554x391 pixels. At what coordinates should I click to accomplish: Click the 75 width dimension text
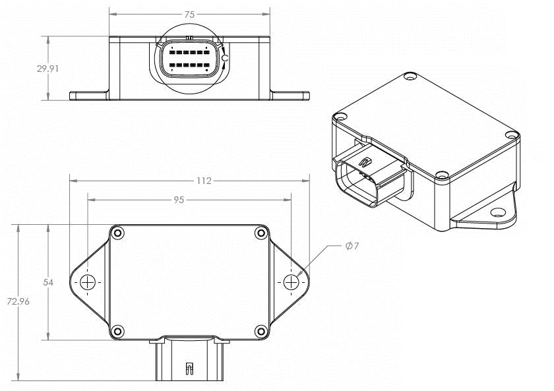(189, 13)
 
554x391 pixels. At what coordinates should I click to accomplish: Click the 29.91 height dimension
(47, 68)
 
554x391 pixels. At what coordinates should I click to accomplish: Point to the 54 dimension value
(47, 282)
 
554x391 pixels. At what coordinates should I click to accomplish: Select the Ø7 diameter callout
(352, 246)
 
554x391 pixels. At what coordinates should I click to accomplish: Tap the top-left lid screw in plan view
(117, 233)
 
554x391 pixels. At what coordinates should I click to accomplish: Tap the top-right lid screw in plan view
(261, 233)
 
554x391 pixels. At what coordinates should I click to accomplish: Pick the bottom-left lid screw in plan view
(117, 331)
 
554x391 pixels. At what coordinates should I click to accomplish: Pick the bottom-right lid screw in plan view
(261, 331)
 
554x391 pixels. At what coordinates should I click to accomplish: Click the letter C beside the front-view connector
(225, 58)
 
